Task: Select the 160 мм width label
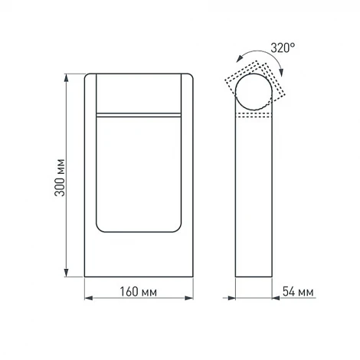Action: (x=138, y=292)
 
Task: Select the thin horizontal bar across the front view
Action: (x=138, y=114)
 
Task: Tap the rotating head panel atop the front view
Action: (x=138, y=93)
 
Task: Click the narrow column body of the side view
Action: (x=254, y=199)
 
